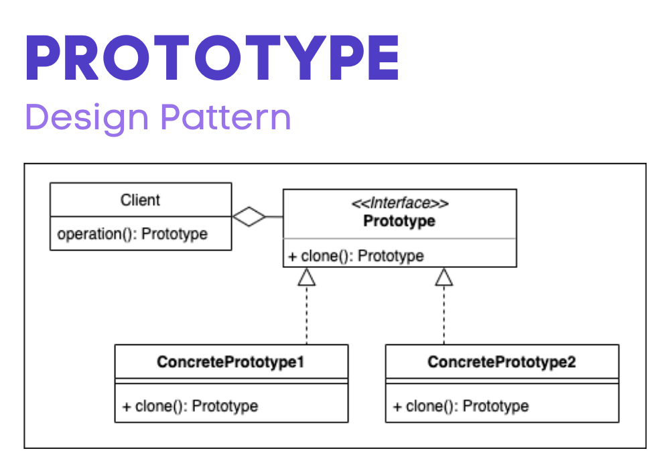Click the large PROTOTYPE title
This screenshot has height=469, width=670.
coord(212,58)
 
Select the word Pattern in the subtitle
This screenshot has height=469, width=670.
coord(226,117)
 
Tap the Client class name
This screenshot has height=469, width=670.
coord(140,200)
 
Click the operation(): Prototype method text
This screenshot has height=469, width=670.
coord(133,234)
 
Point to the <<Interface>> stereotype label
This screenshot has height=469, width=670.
coord(400,203)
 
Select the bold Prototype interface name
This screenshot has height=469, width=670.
coord(399,221)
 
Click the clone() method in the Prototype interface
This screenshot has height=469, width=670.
coord(356,256)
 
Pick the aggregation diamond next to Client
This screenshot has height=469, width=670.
coord(249,216)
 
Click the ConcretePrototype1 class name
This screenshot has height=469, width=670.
coord(230,362)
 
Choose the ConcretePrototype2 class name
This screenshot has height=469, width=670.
coord(502,362)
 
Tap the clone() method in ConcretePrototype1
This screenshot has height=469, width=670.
coord(190,406)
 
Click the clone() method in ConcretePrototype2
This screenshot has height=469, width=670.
coord(461,406)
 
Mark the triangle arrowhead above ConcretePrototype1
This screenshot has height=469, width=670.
coord(307,277)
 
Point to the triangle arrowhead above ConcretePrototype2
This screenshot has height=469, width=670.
coord(444,277)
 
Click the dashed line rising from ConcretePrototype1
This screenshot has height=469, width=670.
coord(307,315)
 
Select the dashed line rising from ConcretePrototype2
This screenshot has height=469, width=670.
coord(444,315)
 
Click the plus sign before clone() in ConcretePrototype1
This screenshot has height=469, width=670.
coord(127,407)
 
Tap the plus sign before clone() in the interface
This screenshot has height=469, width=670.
coord(292,257)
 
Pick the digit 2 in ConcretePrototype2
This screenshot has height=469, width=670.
coord(572,362)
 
